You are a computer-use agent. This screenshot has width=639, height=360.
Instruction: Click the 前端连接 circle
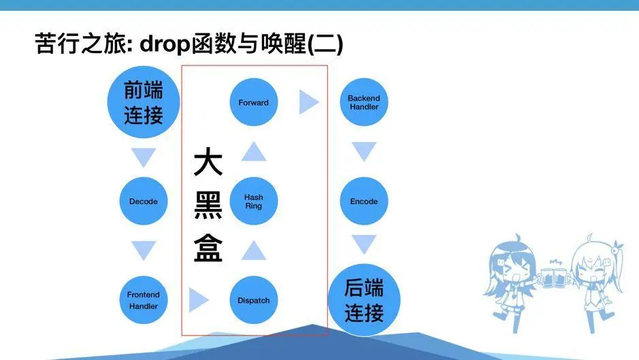pyautogui.click(x=144, y=102)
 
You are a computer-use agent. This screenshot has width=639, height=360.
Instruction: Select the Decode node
pyautogui.click(x=143, y=201)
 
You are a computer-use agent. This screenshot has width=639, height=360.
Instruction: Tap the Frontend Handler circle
pyautogui.click(x=143, y=300)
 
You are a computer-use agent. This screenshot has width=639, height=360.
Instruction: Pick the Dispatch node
pyautogui.click(x=253, y=300)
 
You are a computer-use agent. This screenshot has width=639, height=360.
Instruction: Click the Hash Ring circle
pyautogui.click(x=253, y=201)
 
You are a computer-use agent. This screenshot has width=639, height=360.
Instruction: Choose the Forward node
pyautogui.click(x=253, y=103)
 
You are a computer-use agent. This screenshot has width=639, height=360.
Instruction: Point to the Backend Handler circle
pyautogui.click(x=364, y=103)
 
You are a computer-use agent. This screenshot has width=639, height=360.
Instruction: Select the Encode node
pyautogui.click(x=364, y=201)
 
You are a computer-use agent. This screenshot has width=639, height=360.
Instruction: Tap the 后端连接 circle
pyautogui.click(x=364, y=300)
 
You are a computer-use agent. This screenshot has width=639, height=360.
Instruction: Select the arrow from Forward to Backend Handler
pyautogui.click(x=309, y=103)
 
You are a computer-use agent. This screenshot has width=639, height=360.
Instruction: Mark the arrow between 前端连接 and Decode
pyautogui.click(x=143, y=157)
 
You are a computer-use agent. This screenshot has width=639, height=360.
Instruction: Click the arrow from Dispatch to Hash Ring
pyautogui.click(x=253, y=250)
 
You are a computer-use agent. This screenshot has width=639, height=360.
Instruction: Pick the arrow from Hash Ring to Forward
pyautogui.click(x=253, y=152)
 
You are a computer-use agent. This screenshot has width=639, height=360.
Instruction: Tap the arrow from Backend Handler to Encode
pyautogui.click(x=364, y=152)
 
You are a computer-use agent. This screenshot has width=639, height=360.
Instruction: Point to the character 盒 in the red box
pyautogui.click(x=208, y=247)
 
